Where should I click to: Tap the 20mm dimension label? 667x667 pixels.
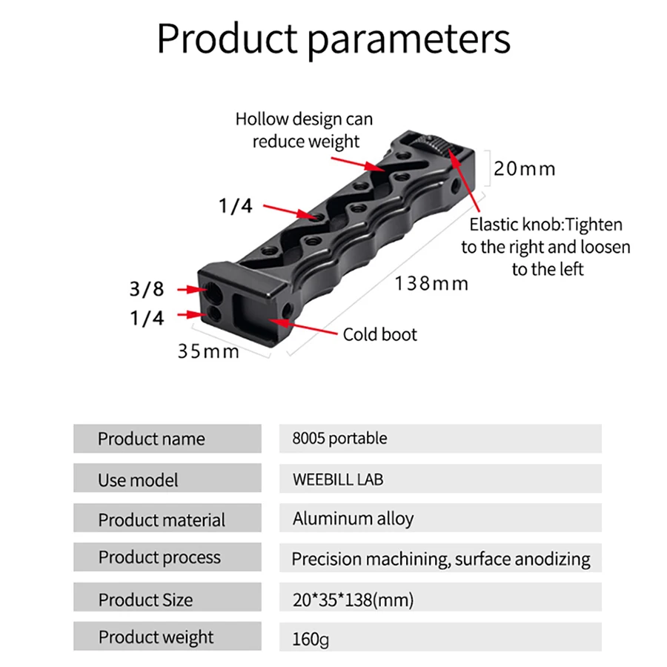525,169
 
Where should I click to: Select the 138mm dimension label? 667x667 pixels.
431,283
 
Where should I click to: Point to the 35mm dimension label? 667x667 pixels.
208,351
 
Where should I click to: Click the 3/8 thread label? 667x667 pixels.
147,288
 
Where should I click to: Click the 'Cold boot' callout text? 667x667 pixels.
379,334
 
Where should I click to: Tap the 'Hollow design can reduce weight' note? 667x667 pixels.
305,130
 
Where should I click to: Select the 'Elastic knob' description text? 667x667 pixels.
546,246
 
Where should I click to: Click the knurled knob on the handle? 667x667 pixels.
442,144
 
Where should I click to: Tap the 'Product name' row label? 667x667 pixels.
151,439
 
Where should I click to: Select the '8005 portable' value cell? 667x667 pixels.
339,439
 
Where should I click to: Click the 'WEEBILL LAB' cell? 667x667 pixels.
338,479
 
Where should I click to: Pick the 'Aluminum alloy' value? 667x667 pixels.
353,519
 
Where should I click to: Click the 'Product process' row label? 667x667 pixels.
159,557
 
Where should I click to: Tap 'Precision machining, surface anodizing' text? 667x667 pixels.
441,559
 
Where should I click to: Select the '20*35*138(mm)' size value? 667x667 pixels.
353,599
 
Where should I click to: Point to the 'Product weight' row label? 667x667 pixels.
156,637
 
